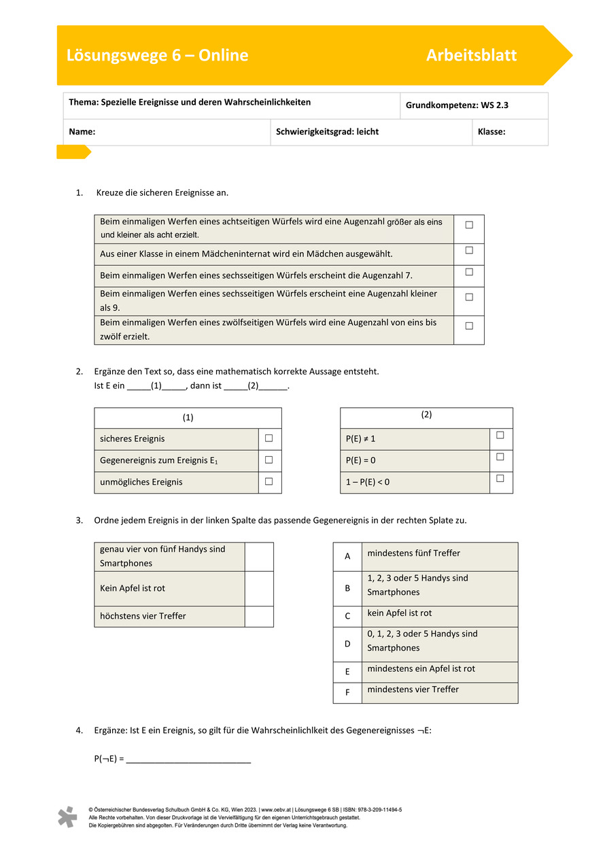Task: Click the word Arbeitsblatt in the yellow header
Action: pos(471,56)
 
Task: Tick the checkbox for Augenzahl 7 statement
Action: pos(469,272)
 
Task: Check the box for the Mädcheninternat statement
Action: pos(469,250)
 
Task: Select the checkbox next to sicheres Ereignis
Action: pos(269,439)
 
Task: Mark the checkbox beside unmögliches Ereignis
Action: pos(269,481)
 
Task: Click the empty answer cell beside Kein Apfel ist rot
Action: pos(259,588)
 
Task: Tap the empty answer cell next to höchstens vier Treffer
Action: pos(259,616)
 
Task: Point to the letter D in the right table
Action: pos(347,643)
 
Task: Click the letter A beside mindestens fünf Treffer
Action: pos(347,556)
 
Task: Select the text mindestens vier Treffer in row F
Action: pos(413,689)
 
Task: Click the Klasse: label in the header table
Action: pos(491,132)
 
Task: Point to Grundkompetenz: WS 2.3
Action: pos(457,105)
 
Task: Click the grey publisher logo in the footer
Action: pos(67,817)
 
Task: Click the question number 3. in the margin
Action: pos(79,520)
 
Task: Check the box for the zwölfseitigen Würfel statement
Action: pos(469,326)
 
